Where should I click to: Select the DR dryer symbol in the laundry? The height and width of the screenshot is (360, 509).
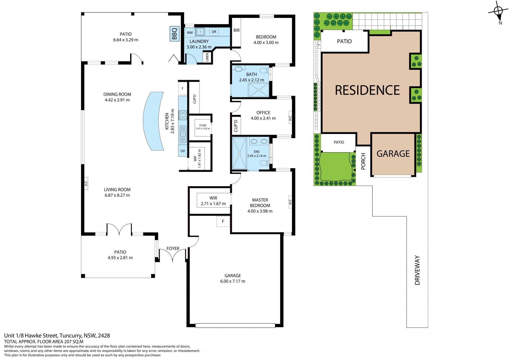214,32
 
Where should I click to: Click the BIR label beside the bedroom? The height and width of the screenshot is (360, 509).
236,31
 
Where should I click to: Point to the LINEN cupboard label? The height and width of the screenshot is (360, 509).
207,57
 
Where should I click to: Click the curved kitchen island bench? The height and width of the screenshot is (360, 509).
152,121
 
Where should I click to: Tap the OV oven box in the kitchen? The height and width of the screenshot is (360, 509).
183,151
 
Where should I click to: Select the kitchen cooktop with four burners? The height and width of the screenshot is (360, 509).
183,115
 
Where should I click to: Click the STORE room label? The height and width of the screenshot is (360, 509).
203,125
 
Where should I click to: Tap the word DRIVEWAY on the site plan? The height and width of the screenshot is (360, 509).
418,270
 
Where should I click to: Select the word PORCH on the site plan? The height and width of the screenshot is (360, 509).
363,161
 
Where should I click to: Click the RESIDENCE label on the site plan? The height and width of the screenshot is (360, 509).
367,90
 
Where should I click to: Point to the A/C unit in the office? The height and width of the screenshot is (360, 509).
290,118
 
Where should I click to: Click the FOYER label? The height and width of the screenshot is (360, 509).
173,249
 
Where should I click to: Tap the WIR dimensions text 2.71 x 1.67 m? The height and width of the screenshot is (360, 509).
213,204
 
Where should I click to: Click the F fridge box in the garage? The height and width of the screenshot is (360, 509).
223,221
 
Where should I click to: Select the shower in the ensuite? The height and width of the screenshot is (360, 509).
239,153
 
